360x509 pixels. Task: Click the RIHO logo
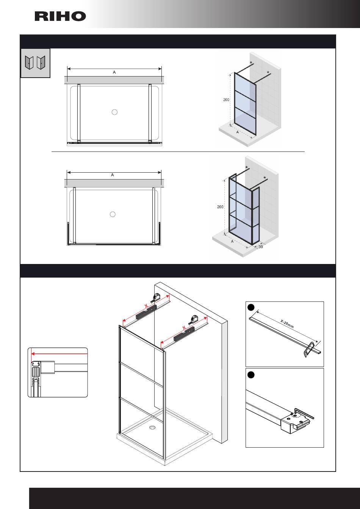point(60,16)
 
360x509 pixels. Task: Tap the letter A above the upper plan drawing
point(114,72)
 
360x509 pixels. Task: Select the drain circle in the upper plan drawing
point(115,112)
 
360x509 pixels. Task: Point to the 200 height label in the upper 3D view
point(226,100)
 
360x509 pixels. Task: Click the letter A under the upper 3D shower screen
point(238,133)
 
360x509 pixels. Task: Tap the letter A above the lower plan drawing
point(113,175)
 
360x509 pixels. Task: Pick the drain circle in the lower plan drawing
point(113,214)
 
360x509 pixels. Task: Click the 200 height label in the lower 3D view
point(220,207)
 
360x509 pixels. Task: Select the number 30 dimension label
point(261,247)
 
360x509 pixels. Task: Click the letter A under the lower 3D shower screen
point(232,241)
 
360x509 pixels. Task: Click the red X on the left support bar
point(146,306)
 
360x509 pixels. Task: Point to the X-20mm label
point(287,324)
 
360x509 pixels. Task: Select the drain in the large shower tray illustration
point(152,428)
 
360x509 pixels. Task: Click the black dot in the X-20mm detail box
point(251,307)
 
